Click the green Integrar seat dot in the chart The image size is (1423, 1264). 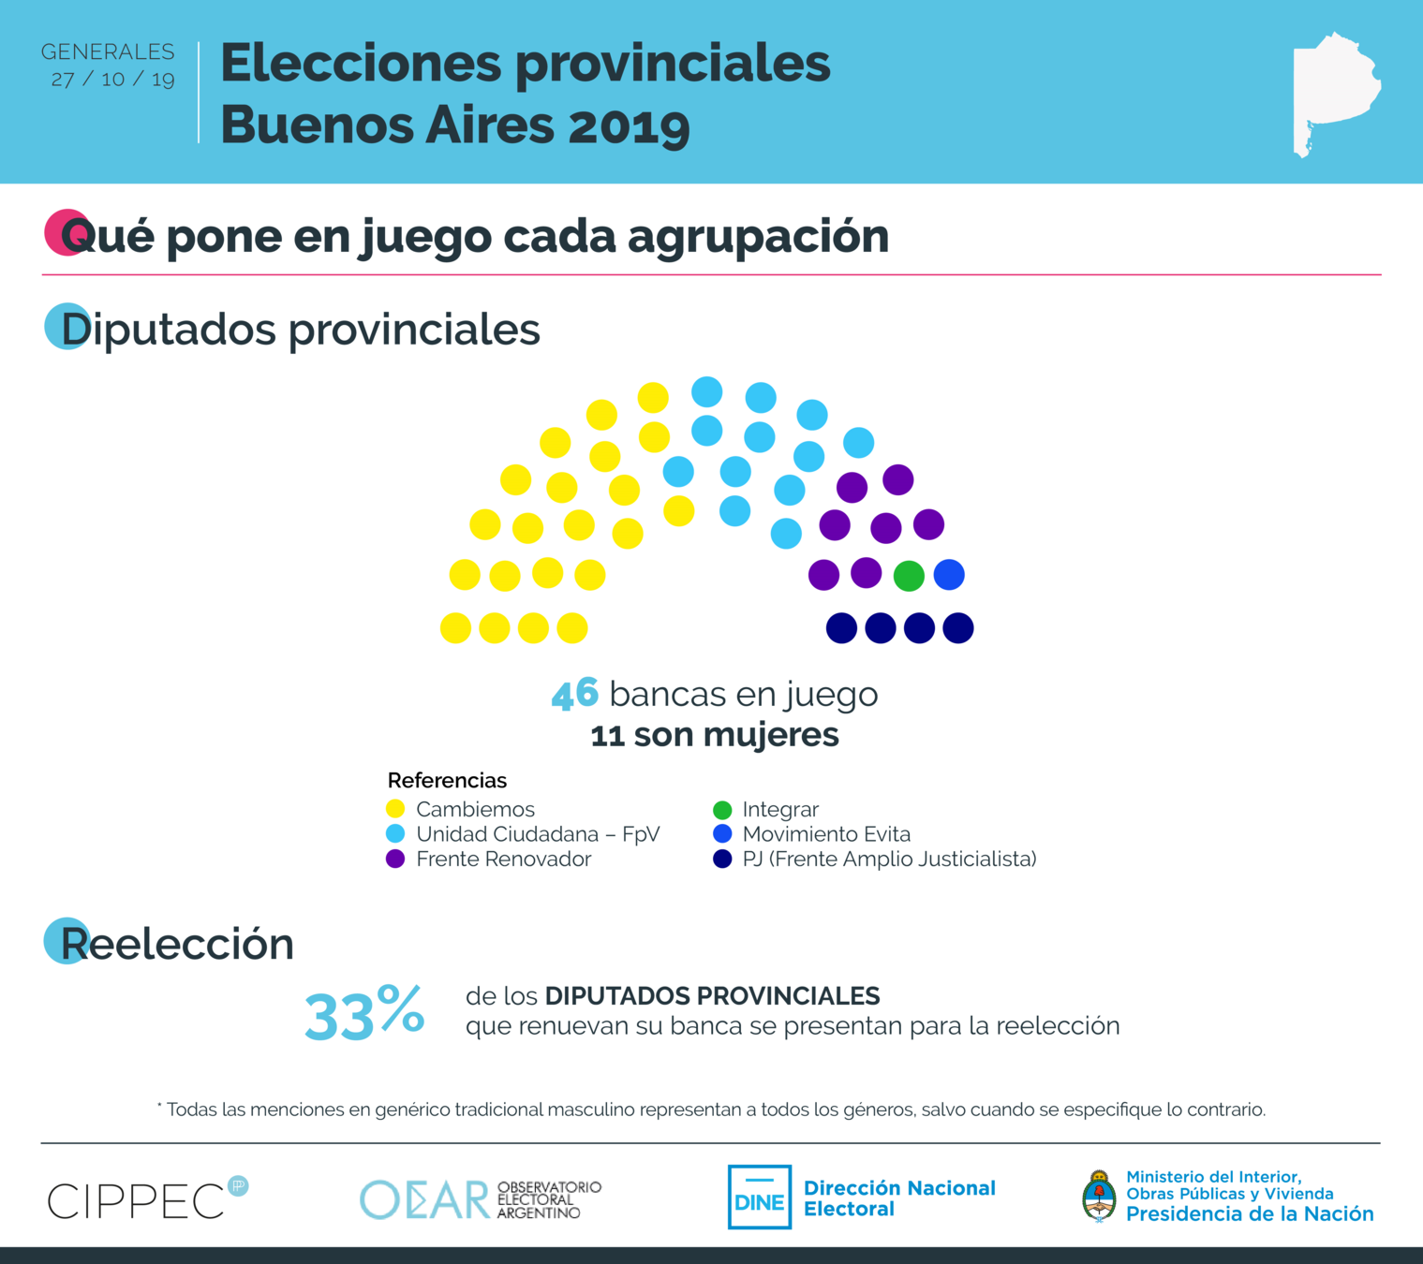909,576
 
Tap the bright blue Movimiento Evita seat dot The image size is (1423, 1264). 949,575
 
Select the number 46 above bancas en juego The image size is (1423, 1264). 574,695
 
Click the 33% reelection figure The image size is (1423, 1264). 364,1014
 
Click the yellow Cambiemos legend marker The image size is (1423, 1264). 395,809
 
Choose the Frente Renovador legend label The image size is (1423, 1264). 503,860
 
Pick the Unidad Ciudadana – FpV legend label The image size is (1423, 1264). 538,834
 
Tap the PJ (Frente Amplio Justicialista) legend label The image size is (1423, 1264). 889,860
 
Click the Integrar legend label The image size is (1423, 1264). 779,809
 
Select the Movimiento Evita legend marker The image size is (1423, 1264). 722,834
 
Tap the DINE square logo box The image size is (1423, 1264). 760,1198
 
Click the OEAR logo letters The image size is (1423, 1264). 425,1199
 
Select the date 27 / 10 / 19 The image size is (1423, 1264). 113,80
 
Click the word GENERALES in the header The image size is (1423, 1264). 108,52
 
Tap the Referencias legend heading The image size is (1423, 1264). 447,781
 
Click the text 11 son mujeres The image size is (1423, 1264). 715,735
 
